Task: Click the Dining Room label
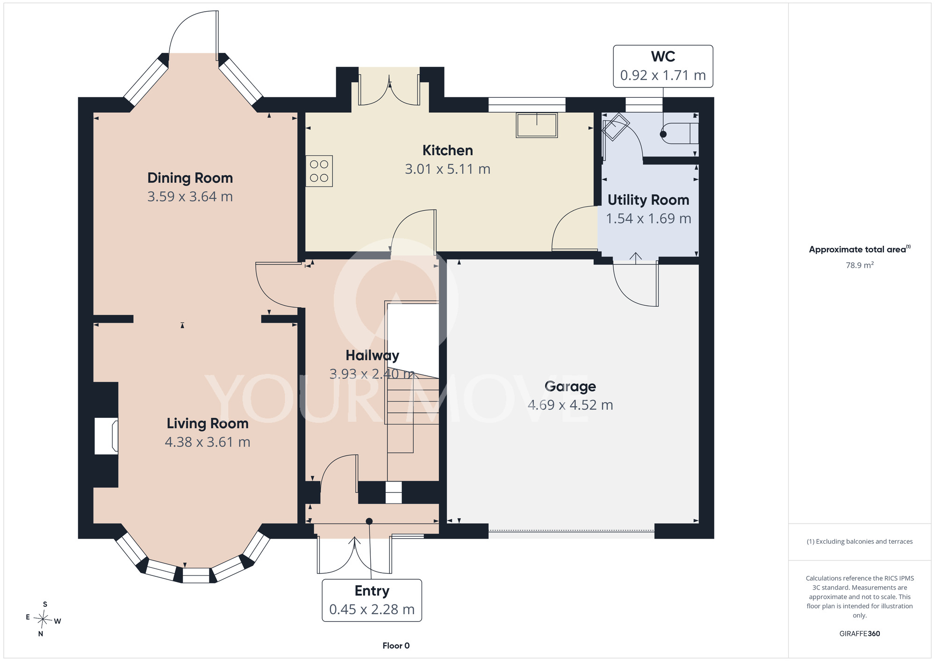pyautogui.click(x=190, y=178)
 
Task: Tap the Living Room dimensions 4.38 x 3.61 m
pyautogui.click(x=208, y=442)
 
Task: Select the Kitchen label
pyautogui.click(x=447, y=151)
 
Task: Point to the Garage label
pyautogui.click(x=570, y=387)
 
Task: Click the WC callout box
pyautogui.click(x=663, y=66)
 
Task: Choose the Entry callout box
pyautogui.click(x=372, y=600)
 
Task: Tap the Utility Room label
pyautogui.click(x=648, y=200)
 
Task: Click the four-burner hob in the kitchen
pyautogui.click(x=319, y=171)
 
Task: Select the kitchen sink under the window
pyautogui.click(x=537, y=125)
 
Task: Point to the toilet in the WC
pyautogui.click(x=680, y=134)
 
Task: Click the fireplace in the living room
pyautogui.click(x=106, y=436)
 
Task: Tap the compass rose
pyautogui.click(x=43, y=620)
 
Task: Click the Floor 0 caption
pyautogui.click(x=396, y=646)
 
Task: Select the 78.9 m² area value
pyautogui.click(x=860, y=265)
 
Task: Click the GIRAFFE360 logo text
pyautogui.click(x=860, y=634)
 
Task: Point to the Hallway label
pyautogui.click(x=372, y=356)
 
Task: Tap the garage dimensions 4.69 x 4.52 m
pyautogui.click(x=570, y=405)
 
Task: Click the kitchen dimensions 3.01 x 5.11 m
pyautogui.click(x=447, y=169)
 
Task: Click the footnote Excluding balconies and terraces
pyautogui.click(x=860, y=541)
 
